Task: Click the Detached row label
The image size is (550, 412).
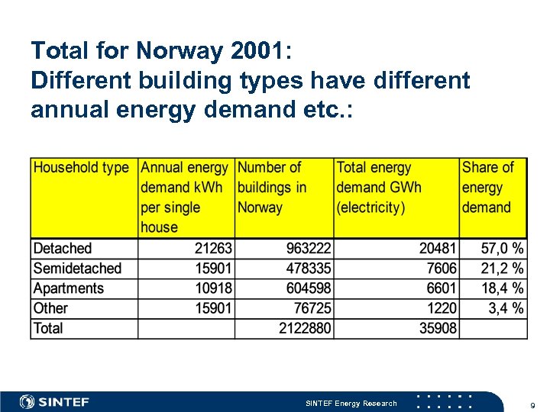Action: [x=63, y=249]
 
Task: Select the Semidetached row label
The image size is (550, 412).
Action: [x=77, y=269]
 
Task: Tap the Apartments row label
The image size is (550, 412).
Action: [x=69, y=288]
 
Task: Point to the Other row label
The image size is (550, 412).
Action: [x=50, y=308]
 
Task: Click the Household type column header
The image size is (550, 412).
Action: [x=81, y=168]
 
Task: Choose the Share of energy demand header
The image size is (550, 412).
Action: [x=487, y=187]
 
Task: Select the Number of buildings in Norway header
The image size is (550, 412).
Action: [x=272, y=187]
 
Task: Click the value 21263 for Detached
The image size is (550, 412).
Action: [x=213, y=249]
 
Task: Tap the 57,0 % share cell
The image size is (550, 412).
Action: [x=502, y=249]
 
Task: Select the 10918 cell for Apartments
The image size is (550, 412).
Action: [x=213, y=288]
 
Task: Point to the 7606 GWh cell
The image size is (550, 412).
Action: [x=442, y=269]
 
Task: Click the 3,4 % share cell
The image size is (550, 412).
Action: [x=506, y=308]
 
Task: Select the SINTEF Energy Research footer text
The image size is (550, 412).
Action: [x=351, y=403]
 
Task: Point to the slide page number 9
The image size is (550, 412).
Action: [x=532, y=404]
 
